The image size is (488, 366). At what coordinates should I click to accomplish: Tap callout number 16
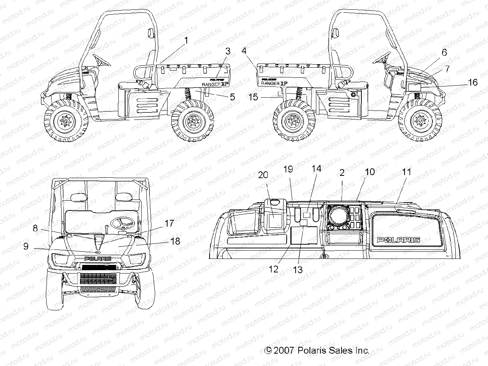[473, 82]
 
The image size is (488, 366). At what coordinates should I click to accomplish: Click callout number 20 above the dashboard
[263, 175]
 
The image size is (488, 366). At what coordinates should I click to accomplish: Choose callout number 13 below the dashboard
[298, 269]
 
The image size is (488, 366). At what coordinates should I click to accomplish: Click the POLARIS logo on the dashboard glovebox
[399, 240]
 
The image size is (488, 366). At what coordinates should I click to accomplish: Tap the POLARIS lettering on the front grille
[97, 259]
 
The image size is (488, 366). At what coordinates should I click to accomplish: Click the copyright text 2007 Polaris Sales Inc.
[317, 351]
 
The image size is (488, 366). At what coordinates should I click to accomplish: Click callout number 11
[406, 172]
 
